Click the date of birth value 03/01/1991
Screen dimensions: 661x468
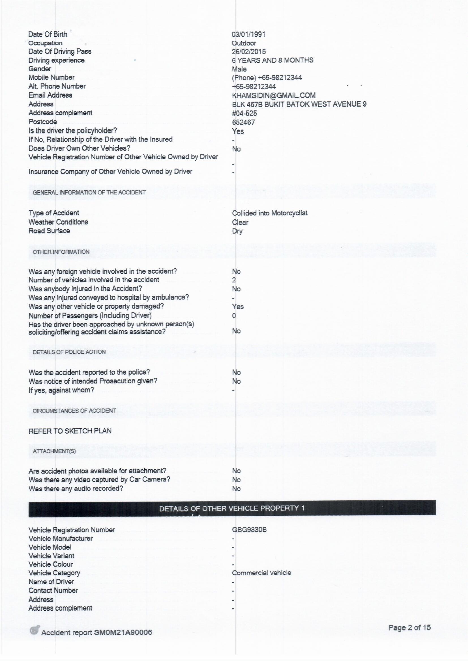pos(248,34)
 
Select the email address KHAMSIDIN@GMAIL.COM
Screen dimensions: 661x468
pos(274,95)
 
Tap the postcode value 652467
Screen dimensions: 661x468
pos(243,122)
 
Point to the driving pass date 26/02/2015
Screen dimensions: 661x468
pos(249,51)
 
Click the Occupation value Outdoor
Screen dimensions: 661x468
pos(244,43)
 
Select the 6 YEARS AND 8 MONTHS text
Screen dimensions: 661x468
pos(272,60)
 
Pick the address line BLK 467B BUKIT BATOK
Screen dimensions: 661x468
pos(299,104)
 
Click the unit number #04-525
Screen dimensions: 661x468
pos(244,113)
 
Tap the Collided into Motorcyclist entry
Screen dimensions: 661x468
pos(269,213)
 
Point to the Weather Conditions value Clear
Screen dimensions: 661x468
pos(240,222)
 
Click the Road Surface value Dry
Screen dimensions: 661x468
pos(237,231)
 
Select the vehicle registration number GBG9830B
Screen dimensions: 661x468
pos(249,530)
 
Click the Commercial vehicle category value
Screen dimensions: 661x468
pos(261,573)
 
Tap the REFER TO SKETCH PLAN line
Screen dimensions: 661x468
pos(70,431)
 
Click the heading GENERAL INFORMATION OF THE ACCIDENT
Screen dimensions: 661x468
pos(89,192)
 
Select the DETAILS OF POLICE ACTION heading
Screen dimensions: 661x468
pos(69,352)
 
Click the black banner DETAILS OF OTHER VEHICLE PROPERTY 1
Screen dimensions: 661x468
pos(232,508)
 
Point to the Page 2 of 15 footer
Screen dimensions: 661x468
pos(409,628)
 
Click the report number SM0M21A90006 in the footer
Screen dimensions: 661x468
pos(123,632)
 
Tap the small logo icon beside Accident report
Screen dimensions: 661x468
pos(35,630)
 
